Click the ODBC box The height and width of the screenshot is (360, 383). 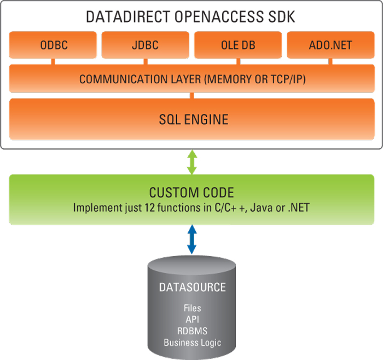pos(53,45)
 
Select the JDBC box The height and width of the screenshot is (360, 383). pos(146,45)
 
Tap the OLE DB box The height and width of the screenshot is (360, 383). pos(238,45)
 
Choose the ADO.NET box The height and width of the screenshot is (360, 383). pos(330,45)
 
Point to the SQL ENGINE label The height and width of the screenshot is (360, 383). pos(191,119)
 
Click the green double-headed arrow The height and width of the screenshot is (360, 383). pos(191,162)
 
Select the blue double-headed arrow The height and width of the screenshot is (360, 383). pos(191,239)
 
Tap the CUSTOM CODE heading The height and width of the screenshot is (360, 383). pos(191,193)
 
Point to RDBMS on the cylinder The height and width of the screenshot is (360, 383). pos(192,331)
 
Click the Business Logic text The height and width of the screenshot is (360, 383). pos(192,342)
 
